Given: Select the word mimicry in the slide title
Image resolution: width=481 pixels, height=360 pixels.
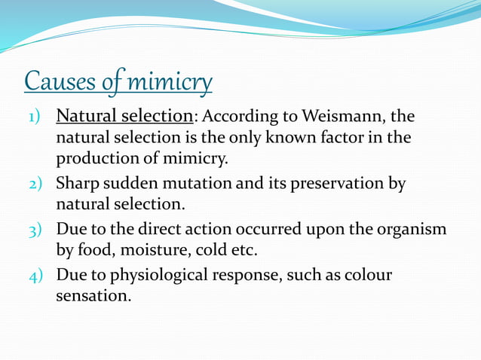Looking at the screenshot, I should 170,81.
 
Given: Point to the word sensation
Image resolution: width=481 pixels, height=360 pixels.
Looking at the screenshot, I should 93,296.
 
